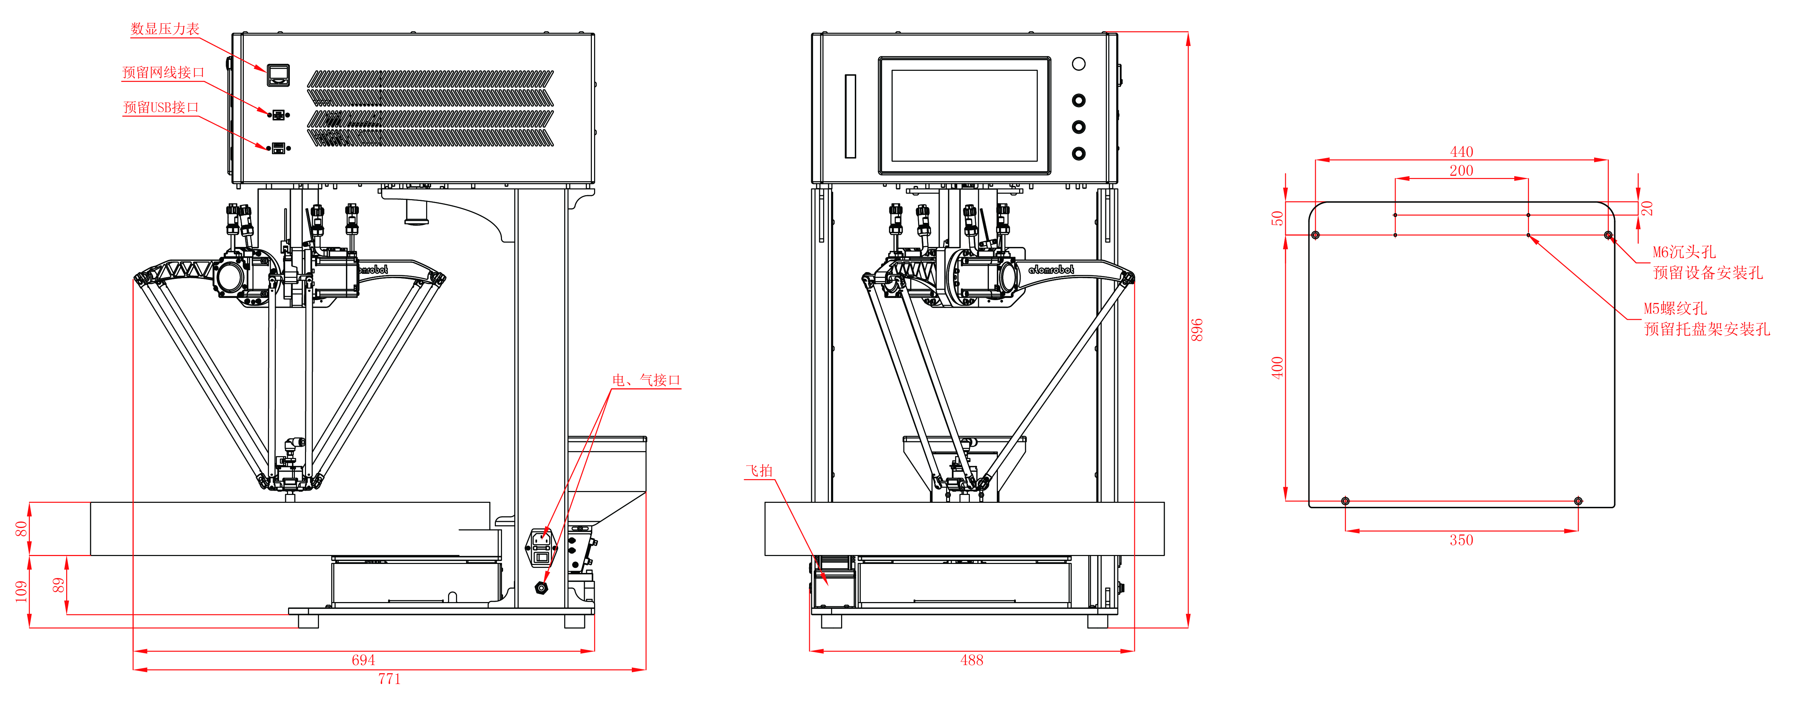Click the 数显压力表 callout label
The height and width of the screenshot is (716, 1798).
click(165, 29)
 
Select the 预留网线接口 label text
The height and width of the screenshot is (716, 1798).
click(163, 73)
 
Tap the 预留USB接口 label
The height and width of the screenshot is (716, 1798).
click(161, 107)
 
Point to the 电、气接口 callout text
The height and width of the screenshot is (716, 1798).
click(645, 380)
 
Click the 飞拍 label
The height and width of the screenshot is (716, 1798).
click(759, 471)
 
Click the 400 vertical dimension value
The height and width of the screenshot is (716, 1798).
click(1277, 368)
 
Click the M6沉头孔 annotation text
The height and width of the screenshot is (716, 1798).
click(1684, 252)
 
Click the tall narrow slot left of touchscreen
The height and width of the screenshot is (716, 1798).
click(850, 116)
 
